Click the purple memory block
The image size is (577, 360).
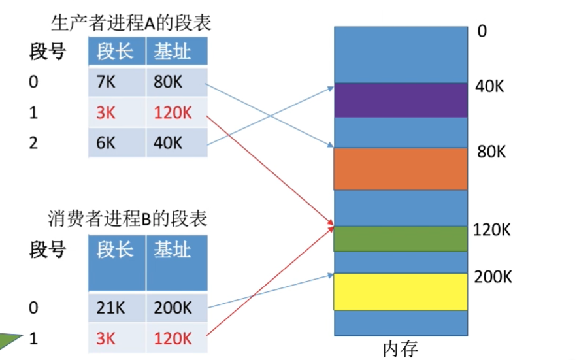[401, 99]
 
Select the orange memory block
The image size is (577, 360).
[401, 169]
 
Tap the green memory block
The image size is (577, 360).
[401, 238]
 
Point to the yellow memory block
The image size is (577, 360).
[401, 291]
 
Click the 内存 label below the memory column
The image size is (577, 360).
[399, 348]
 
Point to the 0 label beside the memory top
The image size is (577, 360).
[482, 31]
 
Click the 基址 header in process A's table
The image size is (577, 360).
[173, 51]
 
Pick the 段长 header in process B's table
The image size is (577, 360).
[116, 250]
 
